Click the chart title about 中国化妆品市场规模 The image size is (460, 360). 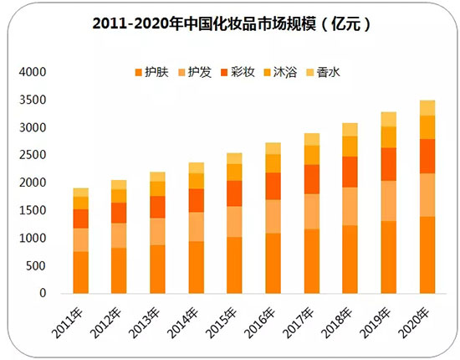click(x=230, y=24)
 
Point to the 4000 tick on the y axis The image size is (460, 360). click(x=32, y=73)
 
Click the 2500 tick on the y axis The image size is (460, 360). click(x=32, y=156)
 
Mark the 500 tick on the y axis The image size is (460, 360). click(x=35, y=266)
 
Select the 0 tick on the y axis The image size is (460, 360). click(x=42, y=294)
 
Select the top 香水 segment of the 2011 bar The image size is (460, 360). click(x=81, y=193)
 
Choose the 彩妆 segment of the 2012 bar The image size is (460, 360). click(x=120, y=213)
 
